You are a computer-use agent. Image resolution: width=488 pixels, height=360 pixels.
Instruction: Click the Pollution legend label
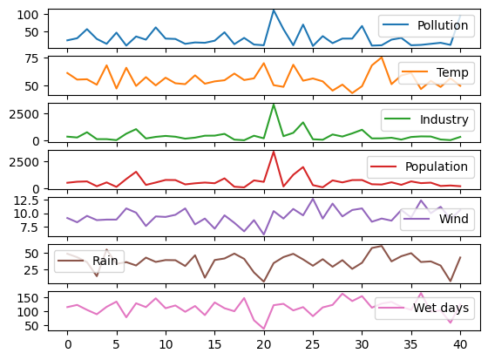pos(443,24)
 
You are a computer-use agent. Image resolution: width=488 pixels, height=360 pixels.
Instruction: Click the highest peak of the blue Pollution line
pos(274,10)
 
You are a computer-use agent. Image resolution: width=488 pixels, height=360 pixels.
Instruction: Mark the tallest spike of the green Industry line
pos(274,105)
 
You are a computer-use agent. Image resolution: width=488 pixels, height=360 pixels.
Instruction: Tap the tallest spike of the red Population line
pos(274,152)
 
